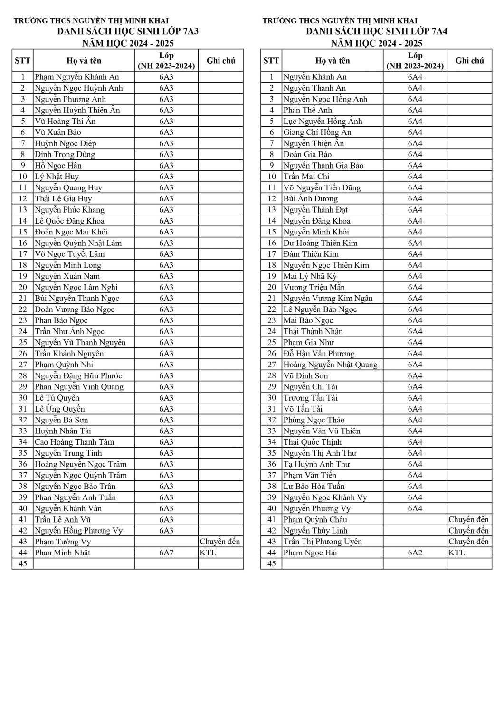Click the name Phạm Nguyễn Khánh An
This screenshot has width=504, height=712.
[x=77, y=77]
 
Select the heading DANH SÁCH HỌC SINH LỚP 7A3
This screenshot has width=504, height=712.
[x=128, y=32]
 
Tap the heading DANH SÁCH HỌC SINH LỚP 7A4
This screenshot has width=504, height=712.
[x=376, y=32]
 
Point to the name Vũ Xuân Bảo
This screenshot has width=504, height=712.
[x=58, y=132]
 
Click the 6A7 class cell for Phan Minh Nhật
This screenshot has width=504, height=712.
[x=166, y=553]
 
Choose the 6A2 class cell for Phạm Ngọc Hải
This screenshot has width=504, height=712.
[x=415, y=553]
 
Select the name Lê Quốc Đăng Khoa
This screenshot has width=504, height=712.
[x=69, y=221]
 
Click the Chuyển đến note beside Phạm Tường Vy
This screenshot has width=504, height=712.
[x=220, y=542]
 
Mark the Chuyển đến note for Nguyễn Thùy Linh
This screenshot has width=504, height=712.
[x=468, y=531]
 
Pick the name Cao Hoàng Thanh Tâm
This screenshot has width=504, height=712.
[x=75, y=442]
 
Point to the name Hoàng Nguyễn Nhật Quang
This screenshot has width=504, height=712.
[x=330, y=365]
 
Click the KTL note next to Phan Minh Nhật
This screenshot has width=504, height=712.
[x=208, y=553]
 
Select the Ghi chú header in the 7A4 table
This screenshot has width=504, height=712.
[x=469, y=61]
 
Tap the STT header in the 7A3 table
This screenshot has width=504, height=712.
[x=22, y=61]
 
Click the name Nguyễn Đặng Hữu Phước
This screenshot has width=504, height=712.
[x=78, y=375]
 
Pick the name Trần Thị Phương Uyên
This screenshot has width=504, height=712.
[x=323, y=542]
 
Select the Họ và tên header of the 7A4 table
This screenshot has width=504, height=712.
[x=333, y=61]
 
